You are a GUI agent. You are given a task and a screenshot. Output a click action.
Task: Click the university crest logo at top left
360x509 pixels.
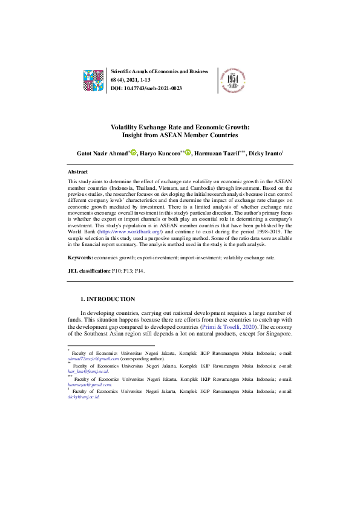(94, 79)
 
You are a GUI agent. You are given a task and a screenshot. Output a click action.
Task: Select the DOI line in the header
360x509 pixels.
(146, 88)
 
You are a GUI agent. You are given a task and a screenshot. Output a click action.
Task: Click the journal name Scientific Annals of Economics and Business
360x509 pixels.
(160, 71)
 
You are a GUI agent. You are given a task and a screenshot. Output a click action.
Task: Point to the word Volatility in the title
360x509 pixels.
(125, 128)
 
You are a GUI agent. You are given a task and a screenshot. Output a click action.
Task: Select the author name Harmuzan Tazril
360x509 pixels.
(216, 154)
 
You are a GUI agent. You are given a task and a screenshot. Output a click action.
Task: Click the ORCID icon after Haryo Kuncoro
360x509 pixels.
(188, 153)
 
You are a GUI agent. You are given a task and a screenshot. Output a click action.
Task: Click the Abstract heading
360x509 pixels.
(77, 172)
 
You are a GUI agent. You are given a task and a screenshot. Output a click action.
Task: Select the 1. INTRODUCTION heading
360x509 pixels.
(108, 299)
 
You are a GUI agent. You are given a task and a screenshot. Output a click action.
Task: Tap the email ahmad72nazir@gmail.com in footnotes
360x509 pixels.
(93, 358)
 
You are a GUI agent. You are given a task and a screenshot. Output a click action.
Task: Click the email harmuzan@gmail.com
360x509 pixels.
(90, 384)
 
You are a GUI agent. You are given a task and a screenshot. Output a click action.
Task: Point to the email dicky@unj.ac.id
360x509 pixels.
(83, 397)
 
